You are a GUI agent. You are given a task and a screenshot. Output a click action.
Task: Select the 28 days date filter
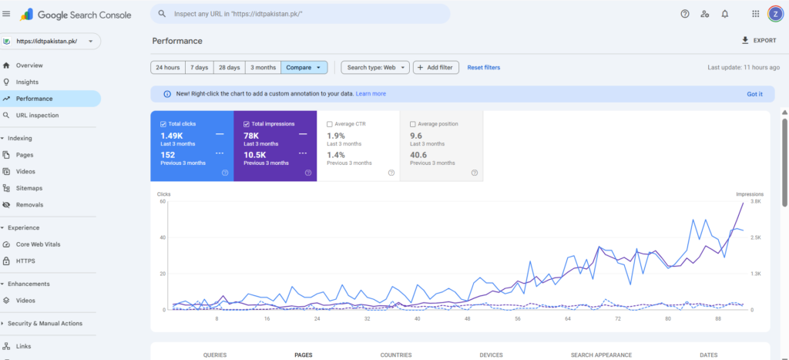[229, 68]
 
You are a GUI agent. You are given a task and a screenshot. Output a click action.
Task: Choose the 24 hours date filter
[167, 68]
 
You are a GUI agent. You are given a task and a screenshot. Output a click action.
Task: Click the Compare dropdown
[304, 68]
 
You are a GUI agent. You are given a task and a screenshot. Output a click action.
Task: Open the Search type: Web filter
[374, 68]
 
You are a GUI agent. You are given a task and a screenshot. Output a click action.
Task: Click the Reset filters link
[483, 68]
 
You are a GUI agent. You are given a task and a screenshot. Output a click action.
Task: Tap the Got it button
[754, 94]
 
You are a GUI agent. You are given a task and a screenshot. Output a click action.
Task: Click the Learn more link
[371, 94]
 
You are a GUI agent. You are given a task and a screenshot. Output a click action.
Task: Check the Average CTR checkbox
[330, 124]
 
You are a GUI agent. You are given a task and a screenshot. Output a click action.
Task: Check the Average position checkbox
[413, 124]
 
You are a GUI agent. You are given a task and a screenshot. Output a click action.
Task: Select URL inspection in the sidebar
[37, 115]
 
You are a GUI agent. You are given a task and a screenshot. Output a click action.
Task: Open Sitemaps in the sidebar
[29, 188]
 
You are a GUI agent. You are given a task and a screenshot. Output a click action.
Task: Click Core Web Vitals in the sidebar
[38, 244]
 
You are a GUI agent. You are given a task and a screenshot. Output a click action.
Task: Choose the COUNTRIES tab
[395, 355]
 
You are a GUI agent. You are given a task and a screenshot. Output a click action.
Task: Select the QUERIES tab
[215, 355]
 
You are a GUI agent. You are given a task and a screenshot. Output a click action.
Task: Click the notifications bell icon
[725, 14]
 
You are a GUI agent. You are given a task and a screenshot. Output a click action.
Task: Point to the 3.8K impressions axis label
[755, 201]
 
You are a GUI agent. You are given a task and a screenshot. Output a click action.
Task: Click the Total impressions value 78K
[250, 136]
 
